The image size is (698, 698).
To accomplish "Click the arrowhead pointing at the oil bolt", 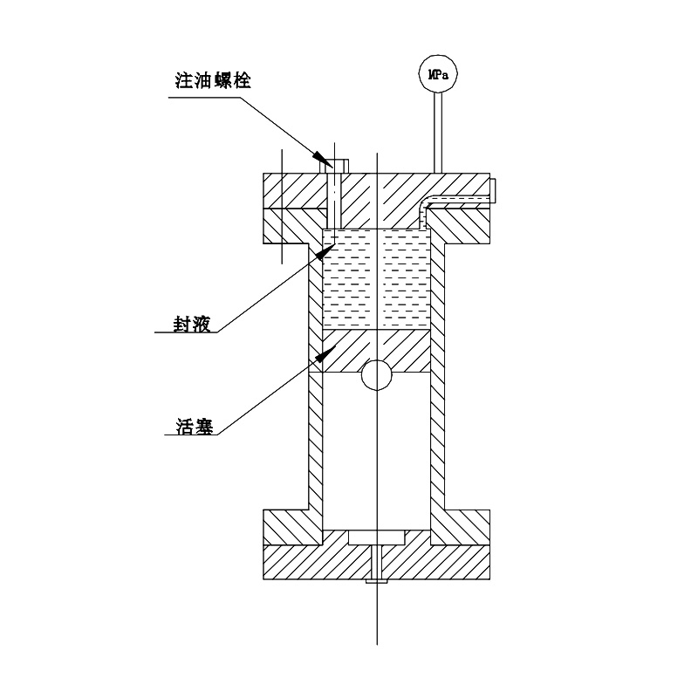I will pyautogui.click(x=322, y=159).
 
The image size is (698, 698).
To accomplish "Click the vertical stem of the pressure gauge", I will pyautogui.click(x=438, y=131).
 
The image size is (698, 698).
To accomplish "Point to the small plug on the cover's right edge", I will pyautogui.click(x=494, y=191).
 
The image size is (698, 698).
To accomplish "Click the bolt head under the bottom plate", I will pyautogui.click(x=377, y=579).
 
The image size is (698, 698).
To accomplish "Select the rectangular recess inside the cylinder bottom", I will pyautogui.click(x=377, y=537).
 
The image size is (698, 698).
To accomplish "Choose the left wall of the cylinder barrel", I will pyautogui.click(x=317, y=419).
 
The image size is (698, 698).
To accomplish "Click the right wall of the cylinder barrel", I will pyautogui.click(x=438, y=419).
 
